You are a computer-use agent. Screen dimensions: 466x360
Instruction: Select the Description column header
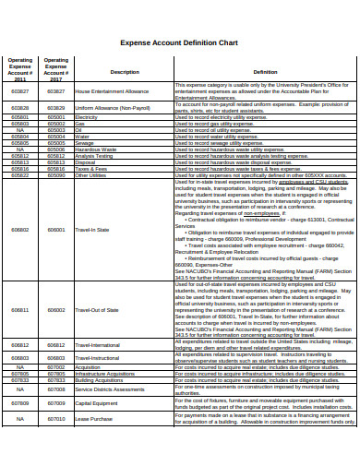coord(125,72)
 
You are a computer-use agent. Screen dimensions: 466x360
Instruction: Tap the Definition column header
coord(264,72)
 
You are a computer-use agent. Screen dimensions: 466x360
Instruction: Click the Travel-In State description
coord(91,229)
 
